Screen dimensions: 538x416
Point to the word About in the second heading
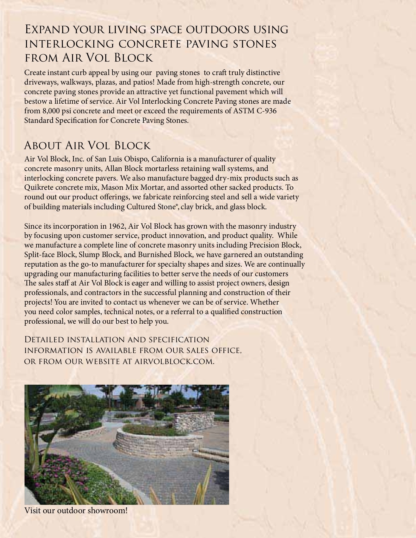tap(42, 146)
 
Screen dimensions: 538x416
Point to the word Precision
tap(263, 245)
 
